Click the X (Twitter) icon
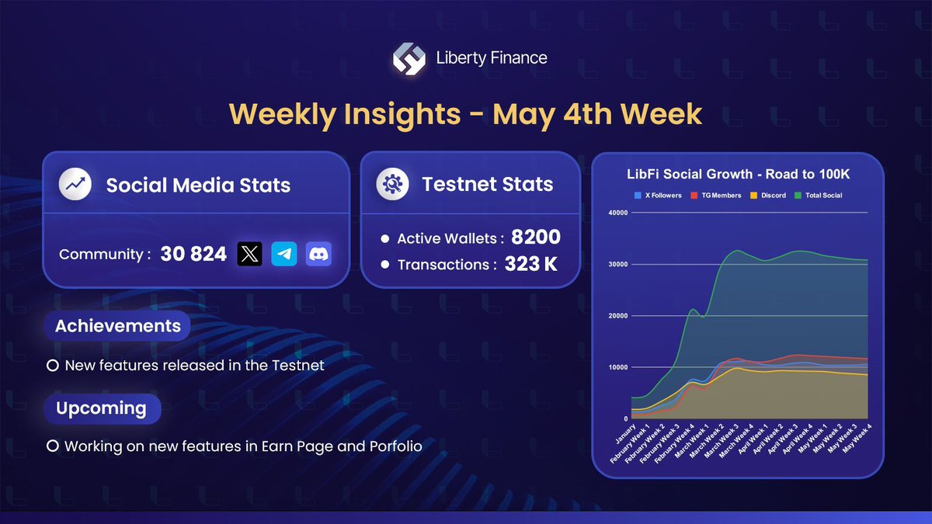(249, 254)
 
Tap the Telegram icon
(284, 254)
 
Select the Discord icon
(318, 254)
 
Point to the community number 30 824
(193, 254)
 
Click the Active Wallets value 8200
(535, 238)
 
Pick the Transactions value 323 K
(530, 264)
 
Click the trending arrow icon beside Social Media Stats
(76, 185)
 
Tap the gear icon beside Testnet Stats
(392, 185)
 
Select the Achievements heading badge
(117, 326)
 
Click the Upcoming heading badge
(100, 408)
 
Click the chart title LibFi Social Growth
(737, 175)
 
